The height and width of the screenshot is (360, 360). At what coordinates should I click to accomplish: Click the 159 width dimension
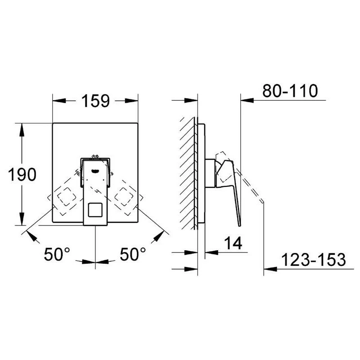(x=95, y=101)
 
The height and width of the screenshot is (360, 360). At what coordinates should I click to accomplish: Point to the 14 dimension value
(x=234, y=243)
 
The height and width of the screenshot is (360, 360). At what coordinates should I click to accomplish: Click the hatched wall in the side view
(x=188, y=173)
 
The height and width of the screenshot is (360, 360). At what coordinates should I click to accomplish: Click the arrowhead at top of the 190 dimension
(x=21, y=127)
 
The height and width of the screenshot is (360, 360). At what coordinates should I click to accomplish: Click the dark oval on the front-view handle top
(x=96, y=171)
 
